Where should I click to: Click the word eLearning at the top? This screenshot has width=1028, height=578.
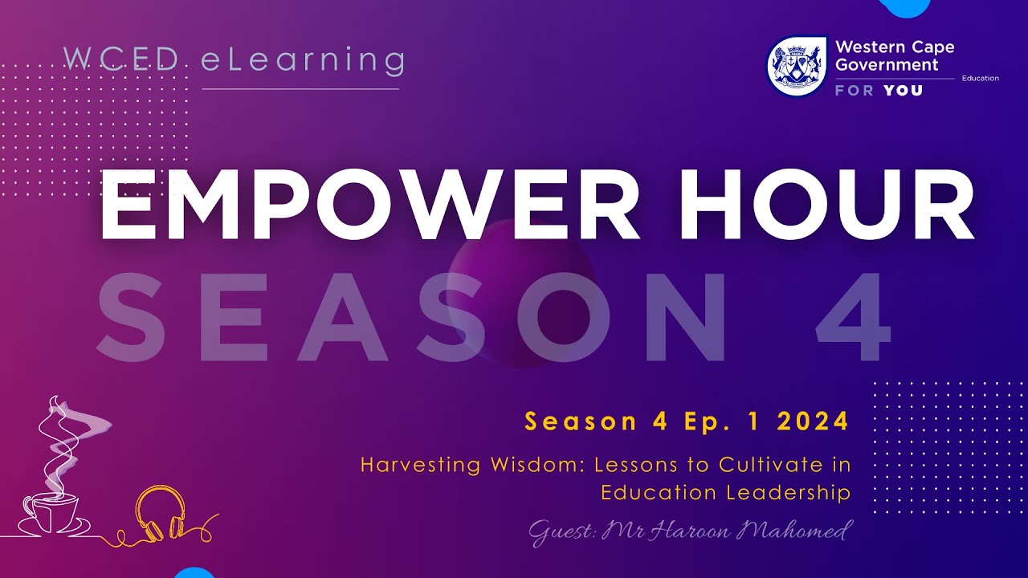pyautogui.click(x=302, y=60)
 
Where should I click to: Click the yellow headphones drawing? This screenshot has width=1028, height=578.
pyautogui.click(x=160, y=513)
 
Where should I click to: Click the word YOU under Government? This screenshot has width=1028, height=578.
pyautogui.click(x=903, y=91)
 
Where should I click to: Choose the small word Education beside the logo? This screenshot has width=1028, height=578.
pyautogui.click(x=980, y=79)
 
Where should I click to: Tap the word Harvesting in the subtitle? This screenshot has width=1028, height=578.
pyautogui.click(x=410, y=465)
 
